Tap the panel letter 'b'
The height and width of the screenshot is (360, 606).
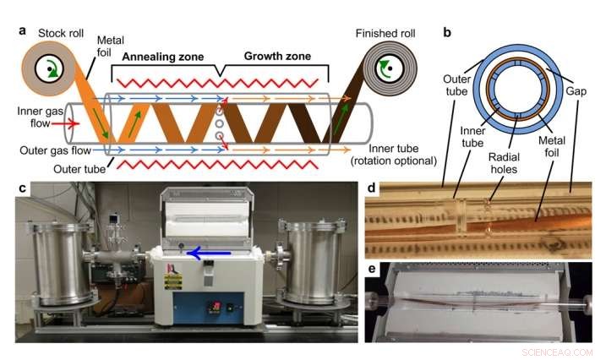pyautogui.click(x=447, y=31)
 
